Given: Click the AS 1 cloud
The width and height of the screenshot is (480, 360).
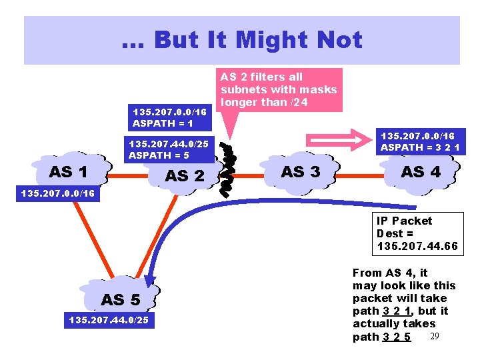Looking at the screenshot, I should [69, 171].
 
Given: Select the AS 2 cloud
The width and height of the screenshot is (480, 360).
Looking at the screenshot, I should [185, 176].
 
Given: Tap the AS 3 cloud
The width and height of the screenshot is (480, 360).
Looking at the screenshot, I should [300, 171].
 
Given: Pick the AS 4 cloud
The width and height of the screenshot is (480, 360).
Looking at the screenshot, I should [421, 171].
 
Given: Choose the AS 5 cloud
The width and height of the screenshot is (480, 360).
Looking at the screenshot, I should [120, 299].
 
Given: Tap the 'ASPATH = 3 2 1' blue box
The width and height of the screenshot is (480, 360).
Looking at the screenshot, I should [420, 141].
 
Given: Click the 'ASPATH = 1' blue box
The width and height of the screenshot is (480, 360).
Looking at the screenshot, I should [172, 118].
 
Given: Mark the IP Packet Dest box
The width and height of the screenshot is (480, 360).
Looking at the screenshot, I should [417, 233].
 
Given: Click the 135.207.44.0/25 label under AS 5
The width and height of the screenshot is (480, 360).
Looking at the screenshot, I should [109, 321].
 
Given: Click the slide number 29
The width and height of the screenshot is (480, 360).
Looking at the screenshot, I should [435, 335].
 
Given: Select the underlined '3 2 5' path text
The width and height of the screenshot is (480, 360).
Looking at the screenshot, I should [397, 337].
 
